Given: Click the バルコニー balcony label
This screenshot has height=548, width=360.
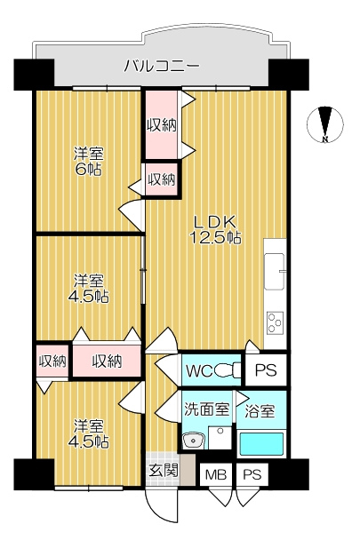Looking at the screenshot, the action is pos(162,66).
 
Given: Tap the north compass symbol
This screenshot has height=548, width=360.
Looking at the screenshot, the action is pos(325,124).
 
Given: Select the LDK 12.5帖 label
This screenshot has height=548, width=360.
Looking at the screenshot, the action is pos(215,229).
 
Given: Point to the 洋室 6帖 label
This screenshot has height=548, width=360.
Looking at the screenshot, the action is pos(88,162).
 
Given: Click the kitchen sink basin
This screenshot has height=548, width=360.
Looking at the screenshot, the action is pos(275,271).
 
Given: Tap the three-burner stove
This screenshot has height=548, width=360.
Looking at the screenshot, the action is pos(275,323).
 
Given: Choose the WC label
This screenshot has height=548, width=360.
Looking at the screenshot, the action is pos(199,371).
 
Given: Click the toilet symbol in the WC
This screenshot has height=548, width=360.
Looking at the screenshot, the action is pos(228,370).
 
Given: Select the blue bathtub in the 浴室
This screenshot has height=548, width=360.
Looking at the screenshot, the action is pos(261,444).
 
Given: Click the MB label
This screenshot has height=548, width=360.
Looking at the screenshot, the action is pos(216,474).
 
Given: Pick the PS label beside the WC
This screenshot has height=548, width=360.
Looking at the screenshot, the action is pos(266,370).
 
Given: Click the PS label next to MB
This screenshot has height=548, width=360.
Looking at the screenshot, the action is pos(252,474).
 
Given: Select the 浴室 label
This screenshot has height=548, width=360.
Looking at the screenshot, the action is pos(260,411).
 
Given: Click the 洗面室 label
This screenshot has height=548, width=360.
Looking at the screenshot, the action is pos(207,409).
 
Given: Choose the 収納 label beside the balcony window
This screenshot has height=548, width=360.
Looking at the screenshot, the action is pos(162,124).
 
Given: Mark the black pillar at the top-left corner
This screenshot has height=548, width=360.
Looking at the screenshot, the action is pos(34,75).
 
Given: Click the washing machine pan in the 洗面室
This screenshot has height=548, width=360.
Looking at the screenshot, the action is pos(220,438).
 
